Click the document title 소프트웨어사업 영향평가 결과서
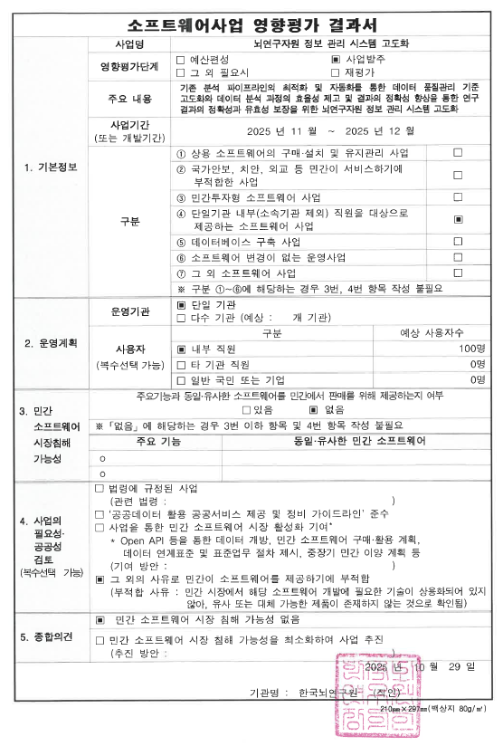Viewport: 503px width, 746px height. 251,22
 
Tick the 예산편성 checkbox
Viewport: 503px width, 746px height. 181,59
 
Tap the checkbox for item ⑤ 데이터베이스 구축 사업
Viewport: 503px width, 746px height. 458,243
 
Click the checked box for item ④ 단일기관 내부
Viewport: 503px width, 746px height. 458,219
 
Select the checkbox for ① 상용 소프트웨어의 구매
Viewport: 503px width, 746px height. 458,153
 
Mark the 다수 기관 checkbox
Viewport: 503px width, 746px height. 181,319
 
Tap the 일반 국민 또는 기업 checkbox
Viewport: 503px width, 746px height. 181,379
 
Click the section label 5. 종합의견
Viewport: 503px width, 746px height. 46,637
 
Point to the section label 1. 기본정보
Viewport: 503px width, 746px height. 47,167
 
